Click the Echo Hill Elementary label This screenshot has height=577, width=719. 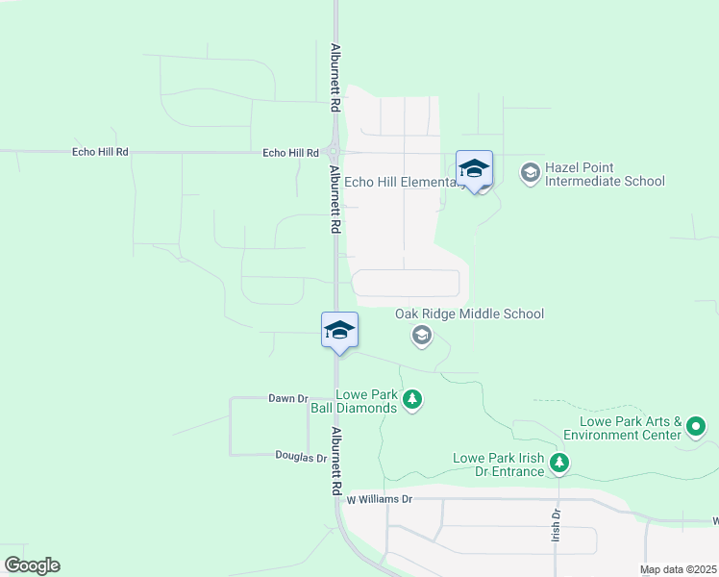click(399, 182)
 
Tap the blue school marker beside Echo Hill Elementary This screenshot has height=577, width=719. click(474, 169)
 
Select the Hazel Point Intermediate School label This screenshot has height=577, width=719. click(605, 174)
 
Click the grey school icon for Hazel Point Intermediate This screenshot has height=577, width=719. click(530, 174)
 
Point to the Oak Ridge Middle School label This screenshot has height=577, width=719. click(469, 314)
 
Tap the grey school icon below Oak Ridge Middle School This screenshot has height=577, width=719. click(420, 336)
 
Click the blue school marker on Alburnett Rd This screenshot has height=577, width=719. click(339, 331)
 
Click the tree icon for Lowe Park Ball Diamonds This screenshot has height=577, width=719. click(412, 399)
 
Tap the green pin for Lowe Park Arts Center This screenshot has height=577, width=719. click(697, 425)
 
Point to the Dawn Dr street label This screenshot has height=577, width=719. click(287, 398)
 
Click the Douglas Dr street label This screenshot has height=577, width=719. click(301, 457)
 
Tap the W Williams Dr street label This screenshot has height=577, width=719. click(379, 500)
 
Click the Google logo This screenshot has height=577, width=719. click(32, 565)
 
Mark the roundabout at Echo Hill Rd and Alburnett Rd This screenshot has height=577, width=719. click(334, 152)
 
